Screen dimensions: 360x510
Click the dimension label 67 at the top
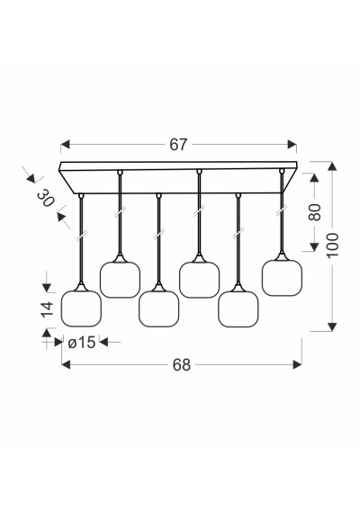point(178,145)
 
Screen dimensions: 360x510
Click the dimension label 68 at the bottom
point(181,364)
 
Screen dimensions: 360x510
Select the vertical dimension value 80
point(314,212)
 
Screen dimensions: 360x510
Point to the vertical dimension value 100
point(332,245)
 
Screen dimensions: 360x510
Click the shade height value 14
point(47,309)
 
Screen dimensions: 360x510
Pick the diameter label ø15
point(82,342)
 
